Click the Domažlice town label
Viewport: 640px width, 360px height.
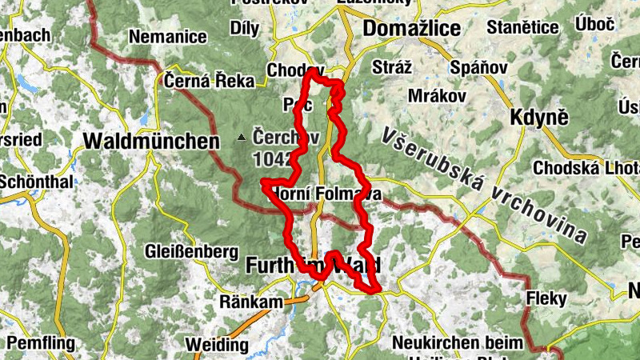[411, 29]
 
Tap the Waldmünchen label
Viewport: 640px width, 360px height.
[151, 142]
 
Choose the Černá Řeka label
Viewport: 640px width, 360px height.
[210, 80]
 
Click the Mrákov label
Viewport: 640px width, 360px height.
[437, 95]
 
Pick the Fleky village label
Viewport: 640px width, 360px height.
[546, 299]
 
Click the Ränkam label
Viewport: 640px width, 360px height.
[252, 302]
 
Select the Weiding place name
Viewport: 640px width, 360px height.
[216, 345]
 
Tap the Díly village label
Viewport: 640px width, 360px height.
[244, 29]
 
